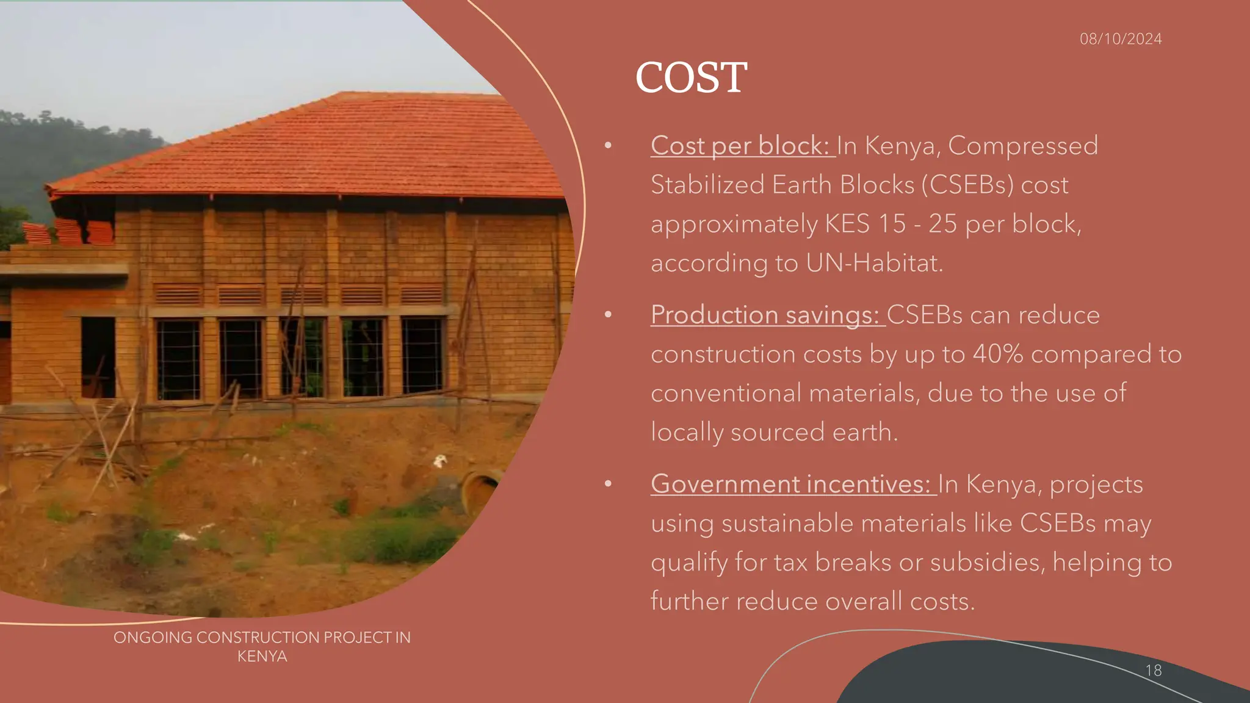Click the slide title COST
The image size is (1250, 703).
click(691, 78)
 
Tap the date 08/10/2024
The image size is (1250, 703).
click(1121, 39)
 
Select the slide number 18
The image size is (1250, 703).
click(1153, 670)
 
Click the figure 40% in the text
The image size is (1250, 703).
click(997, 354)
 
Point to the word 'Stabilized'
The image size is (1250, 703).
click(707, 185)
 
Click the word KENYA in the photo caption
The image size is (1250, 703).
click(262, 657)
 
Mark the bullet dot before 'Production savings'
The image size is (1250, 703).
click(608, 315)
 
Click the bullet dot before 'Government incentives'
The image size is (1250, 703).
click(608, 484)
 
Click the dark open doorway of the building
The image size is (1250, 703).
click(98, 357)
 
